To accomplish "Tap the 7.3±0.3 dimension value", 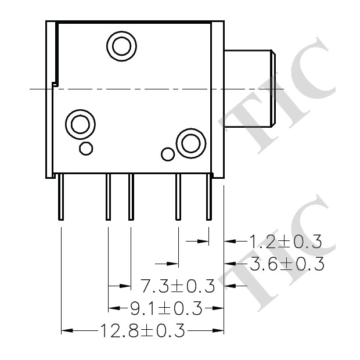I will click(x=178, y=286).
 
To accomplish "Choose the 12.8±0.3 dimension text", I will click(x=142, y=331).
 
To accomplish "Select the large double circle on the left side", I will click(x=79, y=124).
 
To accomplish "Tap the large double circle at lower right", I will click(x=190, y=142).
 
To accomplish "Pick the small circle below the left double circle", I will click(x=85, y=149).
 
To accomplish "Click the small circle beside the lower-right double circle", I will click(x=168, y=154).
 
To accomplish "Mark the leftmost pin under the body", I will click(x=61, y=197).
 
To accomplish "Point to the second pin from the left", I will click(x=108, y=197).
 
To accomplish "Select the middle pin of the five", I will click(x=131, y=197).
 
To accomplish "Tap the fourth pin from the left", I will click(x=178, y=197).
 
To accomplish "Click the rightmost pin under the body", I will click(x=208, y=197).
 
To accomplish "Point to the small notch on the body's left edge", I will click(x=55, y=85).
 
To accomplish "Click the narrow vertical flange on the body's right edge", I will click(x=219, y=99).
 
